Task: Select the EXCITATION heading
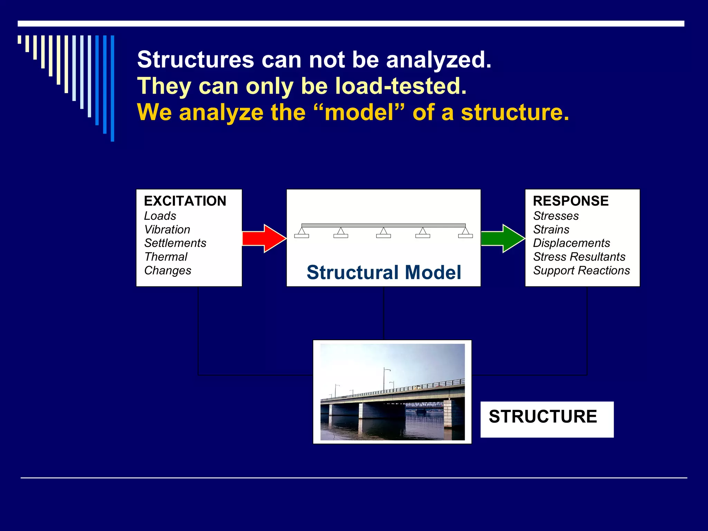click(x=185, y=201)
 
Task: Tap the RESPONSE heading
click(x=571, y=201)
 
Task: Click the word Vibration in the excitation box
click(x=167, y=230)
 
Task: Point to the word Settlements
click(x=175, y=243)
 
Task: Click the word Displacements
click(x=571, y=243)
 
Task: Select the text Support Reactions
click(x=581, y=270)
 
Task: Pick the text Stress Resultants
click(x=579, y=257)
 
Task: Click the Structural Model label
click(x=384, y=272)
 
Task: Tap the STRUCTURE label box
click(x=547, y=419)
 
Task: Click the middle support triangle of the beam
click(x=383, y=231)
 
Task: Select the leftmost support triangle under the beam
click(x=302, y=231)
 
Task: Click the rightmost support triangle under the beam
click(x=465, y=231)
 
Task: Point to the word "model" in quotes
click(x=359, y=112)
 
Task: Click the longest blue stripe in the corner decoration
click(x=112, y=88)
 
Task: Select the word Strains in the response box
click(x=551, y=230)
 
